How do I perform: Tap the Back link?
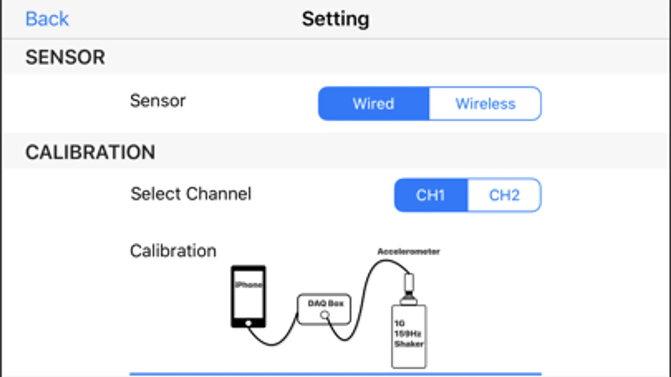point(47,19)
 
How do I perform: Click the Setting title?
point(336,19)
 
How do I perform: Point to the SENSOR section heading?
point(65,57)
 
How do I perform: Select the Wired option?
point(373,104)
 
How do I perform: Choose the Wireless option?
point(485,104)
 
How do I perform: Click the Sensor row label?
point(158,101)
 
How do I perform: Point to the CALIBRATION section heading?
point(90,152)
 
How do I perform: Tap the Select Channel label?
point(191,194)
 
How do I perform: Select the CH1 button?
point(431,195)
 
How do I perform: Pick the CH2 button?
point(504,195)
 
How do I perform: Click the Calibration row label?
point(173,250)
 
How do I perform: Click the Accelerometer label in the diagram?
point(409,251)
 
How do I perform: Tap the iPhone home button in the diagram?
point(248,323)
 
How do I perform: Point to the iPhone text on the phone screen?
point(248,284)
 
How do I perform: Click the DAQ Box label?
point(326,303)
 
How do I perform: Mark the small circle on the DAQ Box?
point(325,315)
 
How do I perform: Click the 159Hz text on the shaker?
point(408,334)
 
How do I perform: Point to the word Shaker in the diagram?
point(409,344)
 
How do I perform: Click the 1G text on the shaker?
point(399,323)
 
